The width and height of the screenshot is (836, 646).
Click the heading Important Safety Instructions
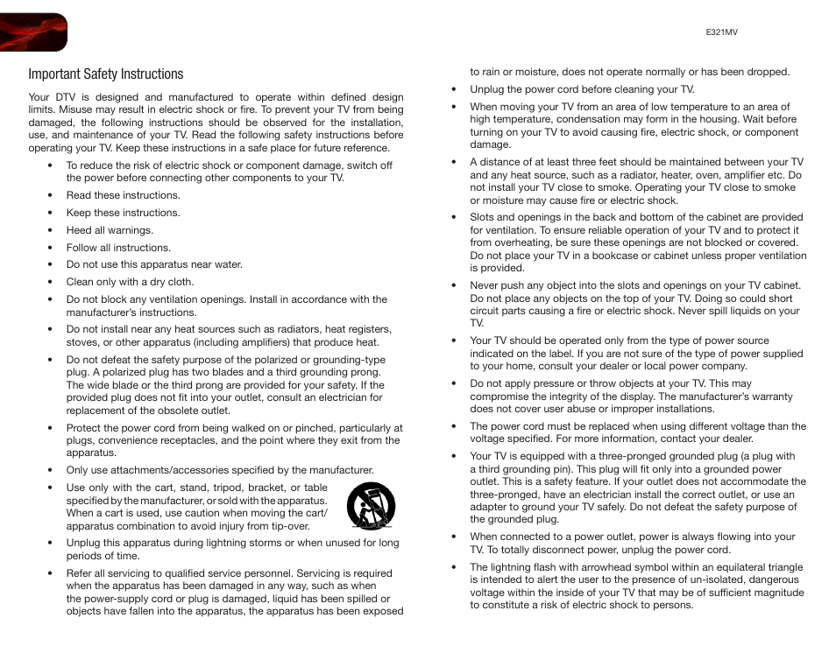point(105,74)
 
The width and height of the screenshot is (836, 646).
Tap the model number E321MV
point(722,31)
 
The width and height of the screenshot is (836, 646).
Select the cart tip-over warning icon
point(370,507)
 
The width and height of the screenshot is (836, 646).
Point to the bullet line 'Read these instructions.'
point(123,195)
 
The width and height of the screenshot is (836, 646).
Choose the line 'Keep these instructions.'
point(123,213)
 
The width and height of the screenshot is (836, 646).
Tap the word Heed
point(79,230)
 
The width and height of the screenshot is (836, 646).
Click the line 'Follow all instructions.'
point(118,248)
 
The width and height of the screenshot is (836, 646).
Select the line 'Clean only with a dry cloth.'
point(130,282)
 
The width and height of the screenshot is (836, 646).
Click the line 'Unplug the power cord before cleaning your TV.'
point(582,89)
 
